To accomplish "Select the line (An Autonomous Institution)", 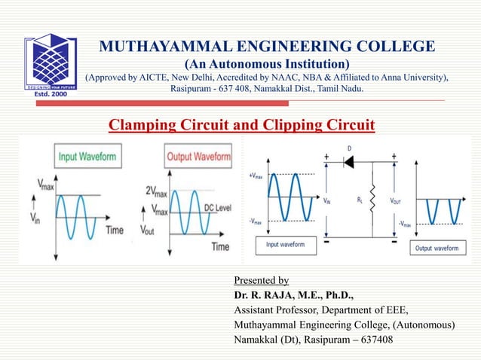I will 267,63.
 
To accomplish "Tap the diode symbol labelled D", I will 349,162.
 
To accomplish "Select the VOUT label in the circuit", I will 395,202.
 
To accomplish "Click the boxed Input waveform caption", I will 285,245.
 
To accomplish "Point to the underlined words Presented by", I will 262,280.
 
